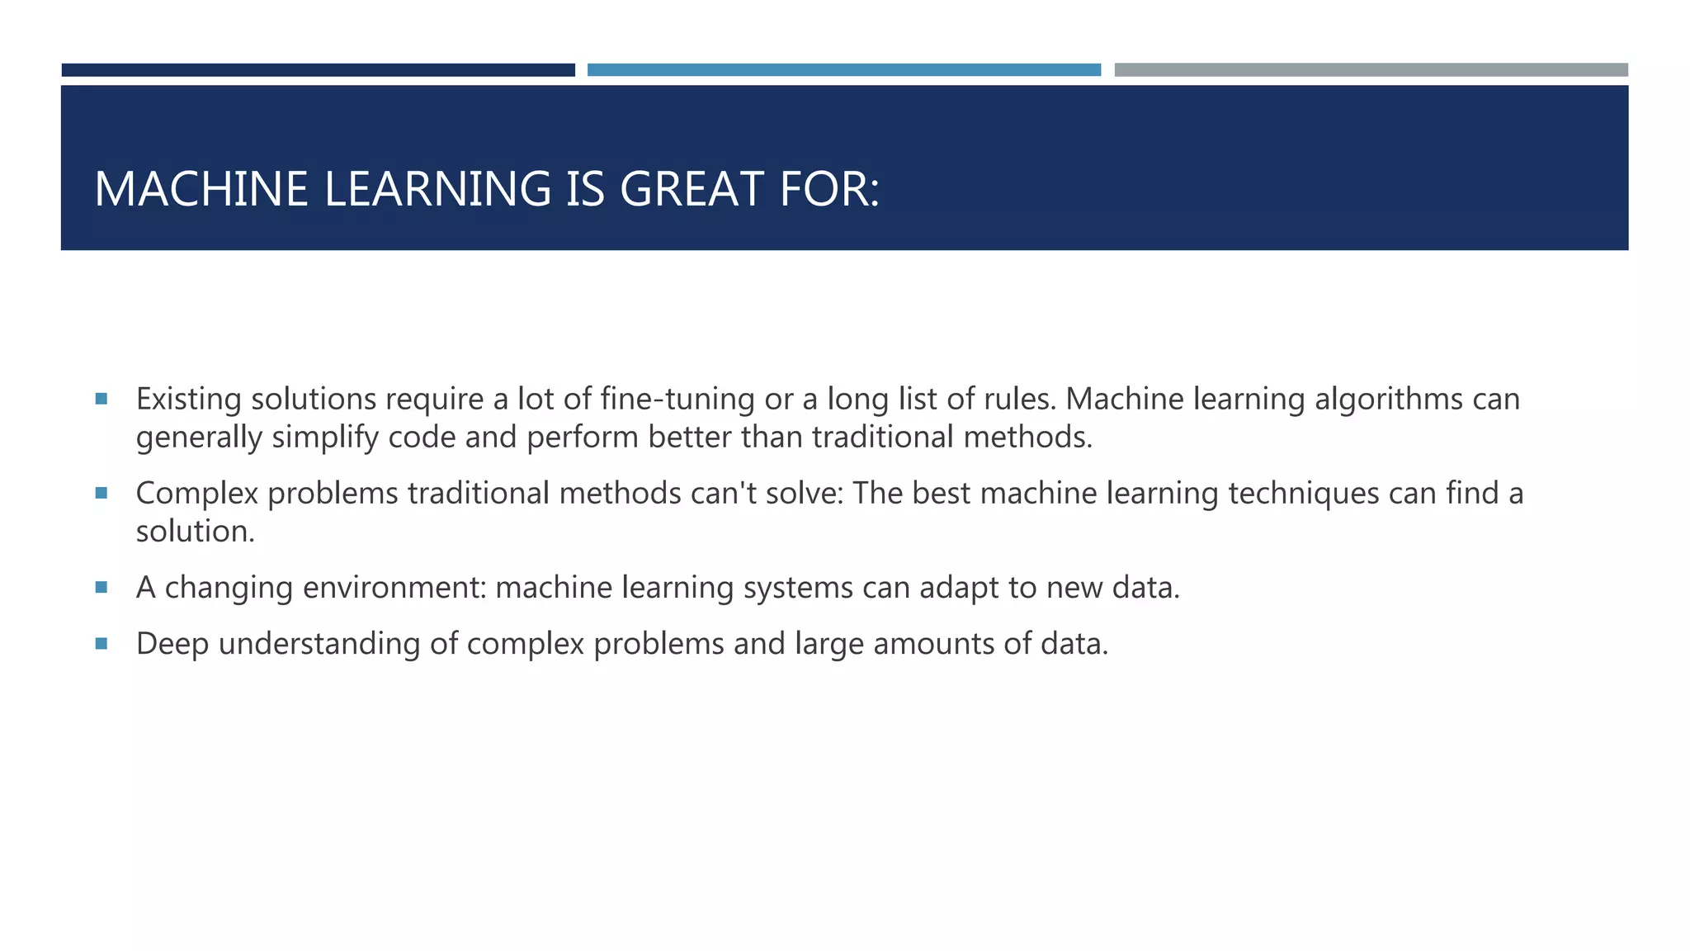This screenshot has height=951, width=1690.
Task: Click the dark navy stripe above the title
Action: click(x=318, y=70)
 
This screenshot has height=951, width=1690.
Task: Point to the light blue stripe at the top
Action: click(x=843, y=70)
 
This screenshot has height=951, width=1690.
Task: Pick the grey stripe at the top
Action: click(x=1371, y=70)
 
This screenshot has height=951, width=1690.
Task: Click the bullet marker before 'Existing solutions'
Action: click(x=101, y=399)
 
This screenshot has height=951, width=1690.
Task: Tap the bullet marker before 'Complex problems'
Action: click(x=101, y=493)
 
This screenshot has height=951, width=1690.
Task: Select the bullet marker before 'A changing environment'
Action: click(x=101, y=587)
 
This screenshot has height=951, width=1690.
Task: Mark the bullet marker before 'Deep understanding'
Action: click(x=101, y=643)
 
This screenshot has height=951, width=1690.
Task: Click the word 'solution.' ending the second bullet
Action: click(x=196, y=531)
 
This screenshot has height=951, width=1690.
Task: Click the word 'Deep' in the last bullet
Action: click(x=172, y=643)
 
